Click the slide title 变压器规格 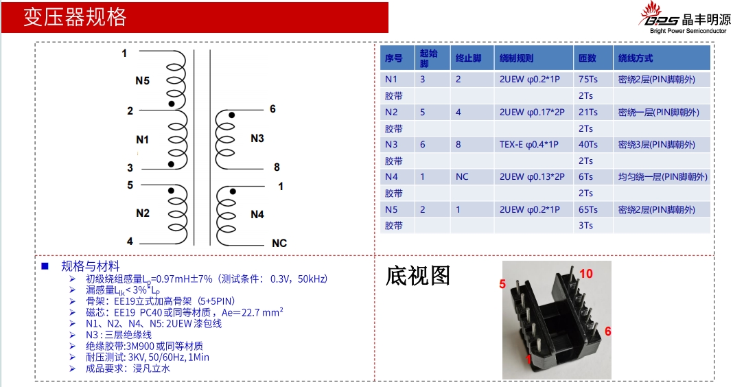[75, 17]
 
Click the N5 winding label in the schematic [142, 80]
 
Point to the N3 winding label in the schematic [257, 139]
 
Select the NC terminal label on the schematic [279, 243]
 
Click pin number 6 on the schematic [272, 109]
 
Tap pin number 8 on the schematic [277, 167]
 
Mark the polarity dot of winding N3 [231, 115]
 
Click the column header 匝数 [587, 58]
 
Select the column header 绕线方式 [636, 58]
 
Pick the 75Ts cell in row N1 [588, 80]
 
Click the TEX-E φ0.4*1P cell [529, 145]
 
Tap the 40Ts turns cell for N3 [588, 145]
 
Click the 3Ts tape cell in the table [585, 225]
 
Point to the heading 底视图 [418, 276]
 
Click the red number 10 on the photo [585, 274]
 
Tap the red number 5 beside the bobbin [502, 284]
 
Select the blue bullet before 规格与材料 [45, 266]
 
